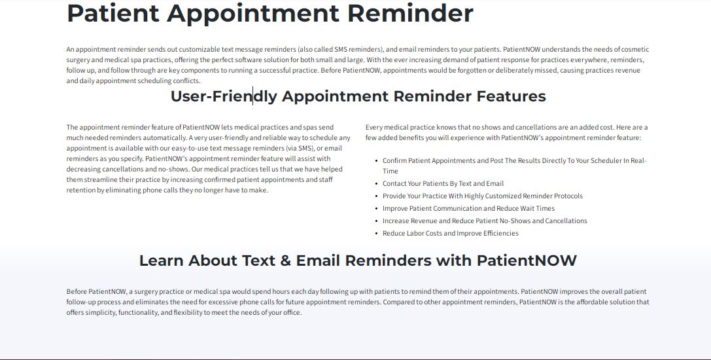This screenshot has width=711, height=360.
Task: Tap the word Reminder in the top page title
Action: [415, 13]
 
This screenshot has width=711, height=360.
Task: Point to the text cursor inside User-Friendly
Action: [252, 96]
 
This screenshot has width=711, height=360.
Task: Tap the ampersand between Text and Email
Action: [283, 261]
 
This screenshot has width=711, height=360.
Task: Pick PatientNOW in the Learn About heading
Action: [527, 261]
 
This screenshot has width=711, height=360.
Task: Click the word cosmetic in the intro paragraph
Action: [634, 49]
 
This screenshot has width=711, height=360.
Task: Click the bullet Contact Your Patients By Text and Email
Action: [443, 183]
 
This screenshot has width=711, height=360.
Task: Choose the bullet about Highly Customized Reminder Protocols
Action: [482, 196]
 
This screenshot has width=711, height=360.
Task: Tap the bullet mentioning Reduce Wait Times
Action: [468, 208]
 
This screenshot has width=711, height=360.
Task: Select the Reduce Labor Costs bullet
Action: [450, 233]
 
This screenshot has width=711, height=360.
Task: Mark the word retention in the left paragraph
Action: [81, 190]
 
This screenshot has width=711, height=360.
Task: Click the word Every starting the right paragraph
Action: [374, 127]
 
